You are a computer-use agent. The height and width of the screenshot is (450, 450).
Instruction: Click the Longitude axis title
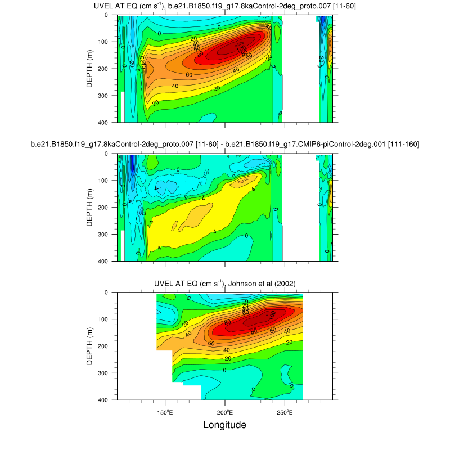[x=224, y=425]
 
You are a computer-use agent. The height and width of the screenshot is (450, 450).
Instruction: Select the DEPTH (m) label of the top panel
[x=89, y=68]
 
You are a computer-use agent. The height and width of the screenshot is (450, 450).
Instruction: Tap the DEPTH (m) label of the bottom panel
[x=89, y=346]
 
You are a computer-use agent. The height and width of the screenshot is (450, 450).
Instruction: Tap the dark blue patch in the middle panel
[x=132, y=164]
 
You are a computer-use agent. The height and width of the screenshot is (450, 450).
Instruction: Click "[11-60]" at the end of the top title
[x=344, y=6]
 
